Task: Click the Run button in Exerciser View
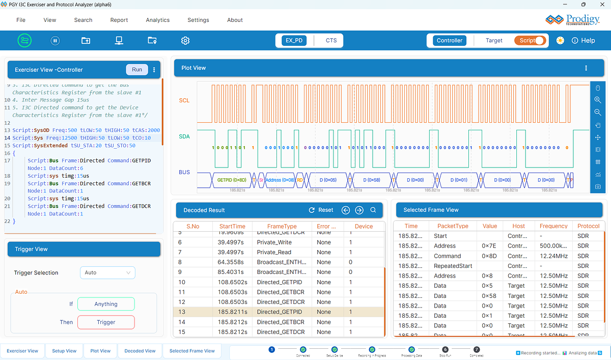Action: [136, 69]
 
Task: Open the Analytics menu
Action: [157, 20]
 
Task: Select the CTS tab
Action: [331, 40]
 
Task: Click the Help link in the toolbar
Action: [583, 40]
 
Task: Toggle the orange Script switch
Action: [530, 40]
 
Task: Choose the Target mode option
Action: [493, 40]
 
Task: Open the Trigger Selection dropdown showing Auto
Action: [107, 272]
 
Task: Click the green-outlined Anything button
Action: [106, 304]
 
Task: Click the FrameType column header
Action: [282, 226]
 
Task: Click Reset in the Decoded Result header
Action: [321, 210]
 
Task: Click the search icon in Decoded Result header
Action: [373, 210]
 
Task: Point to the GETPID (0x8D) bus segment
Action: [232, 180]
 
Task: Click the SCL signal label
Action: [184, 100]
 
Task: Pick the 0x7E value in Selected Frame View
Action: [488, 246]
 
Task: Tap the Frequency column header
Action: [553, 226]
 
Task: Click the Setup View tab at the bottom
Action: [65, 351]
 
